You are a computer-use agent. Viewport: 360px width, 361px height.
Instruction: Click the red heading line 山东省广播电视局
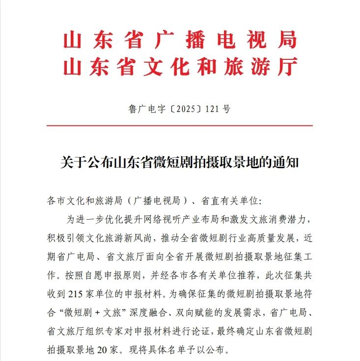click(180, 40)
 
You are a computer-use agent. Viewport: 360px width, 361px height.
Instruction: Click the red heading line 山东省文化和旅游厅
click(180, 67)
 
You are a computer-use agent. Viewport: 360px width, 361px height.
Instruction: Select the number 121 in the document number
click(209, 109)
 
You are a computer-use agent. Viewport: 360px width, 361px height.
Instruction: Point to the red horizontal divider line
click(180, 126)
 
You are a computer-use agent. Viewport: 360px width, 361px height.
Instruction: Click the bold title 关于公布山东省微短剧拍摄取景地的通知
click(180, 162)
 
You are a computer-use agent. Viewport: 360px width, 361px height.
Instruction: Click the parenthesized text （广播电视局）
click(157, 201)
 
